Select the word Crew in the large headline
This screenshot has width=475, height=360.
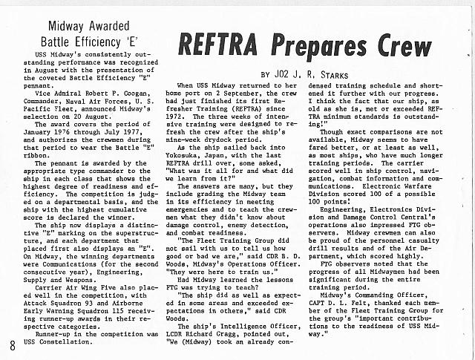tap(402, 46)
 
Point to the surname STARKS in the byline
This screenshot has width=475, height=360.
tap(358, 75)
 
